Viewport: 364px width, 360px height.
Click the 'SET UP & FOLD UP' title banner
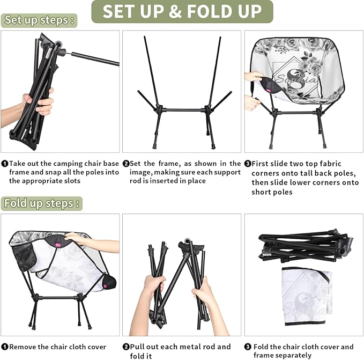pyautogui.click(x=182, y=11)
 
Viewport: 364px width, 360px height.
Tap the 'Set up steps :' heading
pyautogui.click(x=39, y=20)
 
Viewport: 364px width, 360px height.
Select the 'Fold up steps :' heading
pyautogui.click(x=42, y=203)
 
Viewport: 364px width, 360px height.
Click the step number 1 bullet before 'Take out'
pyautogui.click(x=4, y=164)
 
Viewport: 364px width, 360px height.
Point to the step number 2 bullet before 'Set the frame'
pyautogui.click(x=126, y=164)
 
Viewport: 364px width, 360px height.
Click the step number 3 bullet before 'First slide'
pyautogui.click(x=248, y=164)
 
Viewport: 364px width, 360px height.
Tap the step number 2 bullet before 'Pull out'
pyautogui.click(x=126, y=347)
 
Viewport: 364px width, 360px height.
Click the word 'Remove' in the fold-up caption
pyautogui.click(x=24, y=347)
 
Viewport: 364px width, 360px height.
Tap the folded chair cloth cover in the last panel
pyautogui.click(x=306, y=295)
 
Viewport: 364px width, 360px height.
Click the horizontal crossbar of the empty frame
pyautogui.click(x=182, y=110)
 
